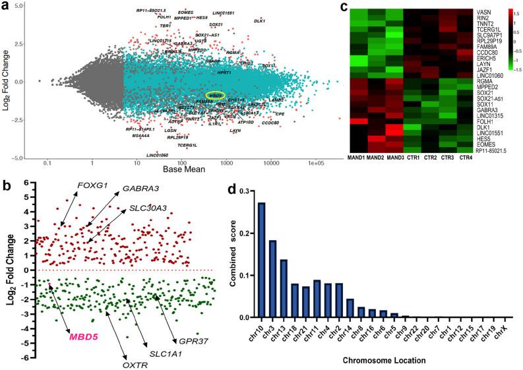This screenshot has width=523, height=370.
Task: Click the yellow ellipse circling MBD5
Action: (x=214, y=96)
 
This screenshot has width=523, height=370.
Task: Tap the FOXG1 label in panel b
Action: (x=88, y=185)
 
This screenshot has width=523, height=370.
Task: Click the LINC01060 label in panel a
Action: (x=158, y=154)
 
